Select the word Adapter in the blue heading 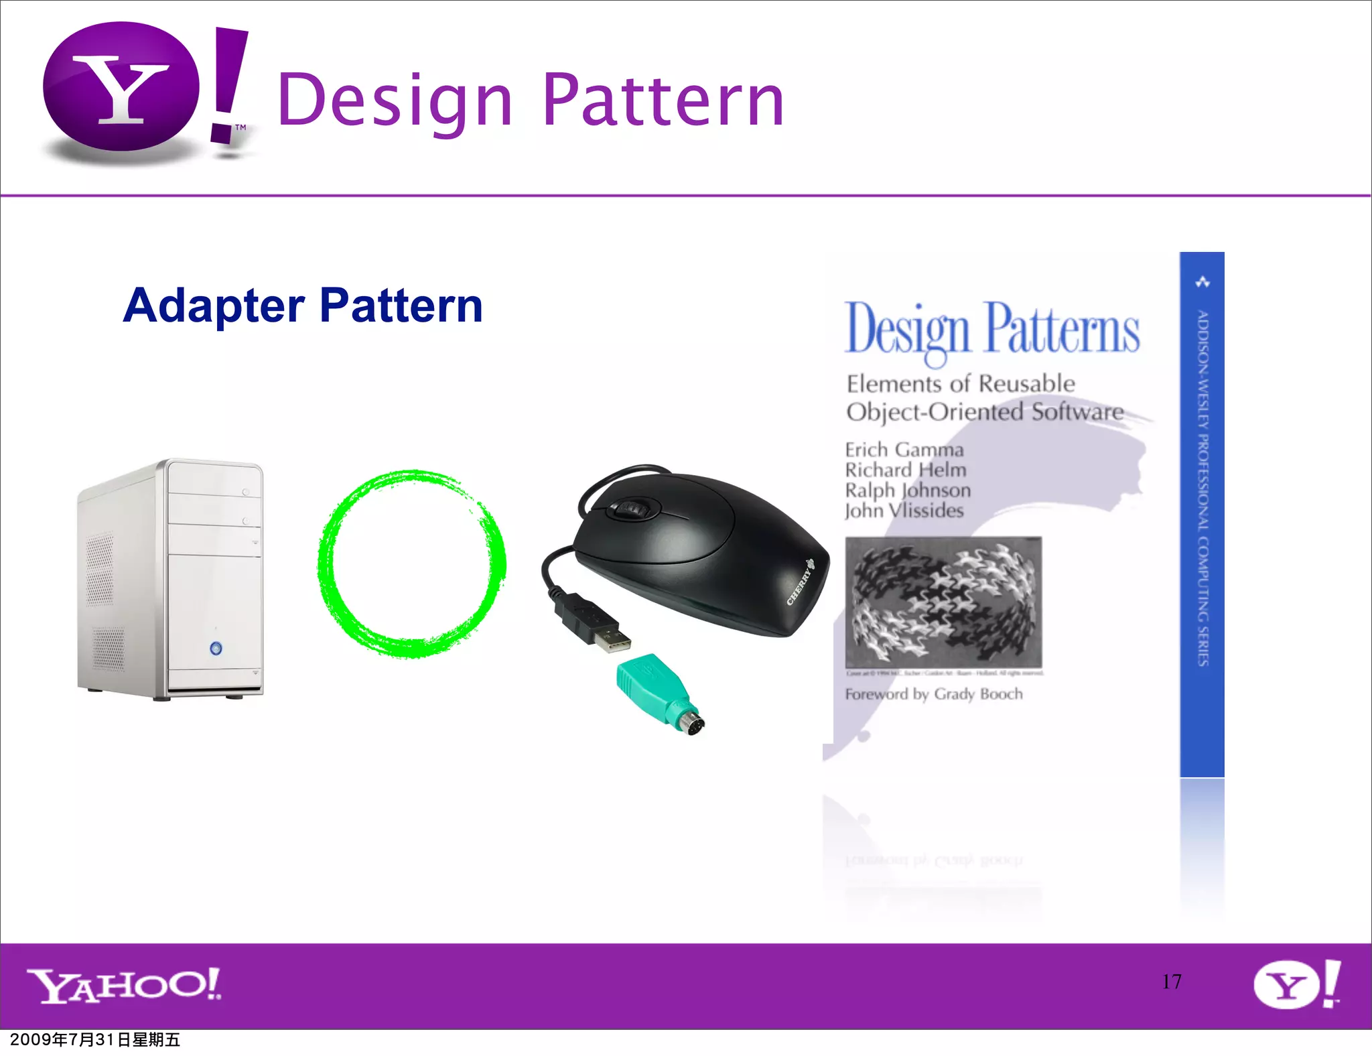(x=214, y=306)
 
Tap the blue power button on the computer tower (x=216, y=648)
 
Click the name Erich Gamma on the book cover (x=904, y=450)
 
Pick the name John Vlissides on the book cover (x=904, y=511)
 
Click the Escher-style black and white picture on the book (x=943, y=602)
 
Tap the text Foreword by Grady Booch (x=934, y=694)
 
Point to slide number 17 (x=1172, y=982)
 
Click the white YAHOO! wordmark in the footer (x=125, y=985)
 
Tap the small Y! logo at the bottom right (x=1296, y=984)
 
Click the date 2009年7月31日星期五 (x=95, y=1040)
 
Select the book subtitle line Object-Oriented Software (x=985, y=411)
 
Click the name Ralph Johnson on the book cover (x=908, y=490)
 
